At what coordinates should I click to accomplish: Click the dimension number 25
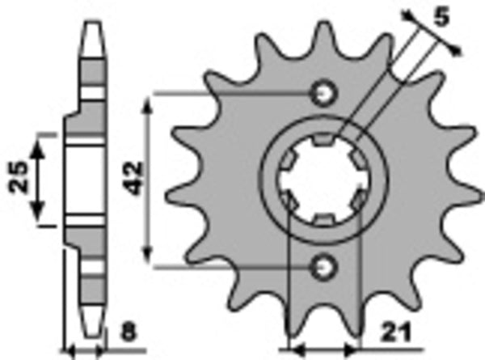(x=21, y=176)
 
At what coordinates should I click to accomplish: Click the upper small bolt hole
(x=325, y=94)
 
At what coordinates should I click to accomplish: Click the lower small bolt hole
(x=325, y=265)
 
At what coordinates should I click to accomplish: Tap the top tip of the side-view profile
(x=95, y=16)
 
